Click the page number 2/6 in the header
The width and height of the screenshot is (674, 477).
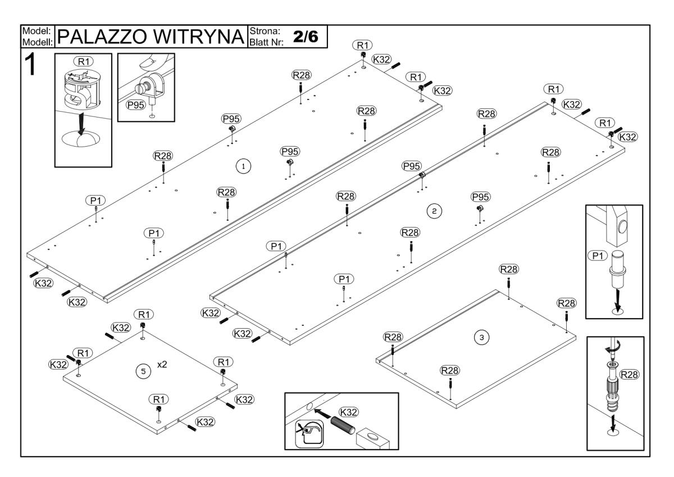(x=308, y=36)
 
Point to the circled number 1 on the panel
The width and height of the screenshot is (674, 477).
(x=243, y=166)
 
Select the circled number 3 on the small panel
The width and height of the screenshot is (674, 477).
(x=480, y=337)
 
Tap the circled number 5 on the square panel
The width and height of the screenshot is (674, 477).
(x=143, y=371)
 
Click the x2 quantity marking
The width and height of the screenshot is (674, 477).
(x=162, y=365)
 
